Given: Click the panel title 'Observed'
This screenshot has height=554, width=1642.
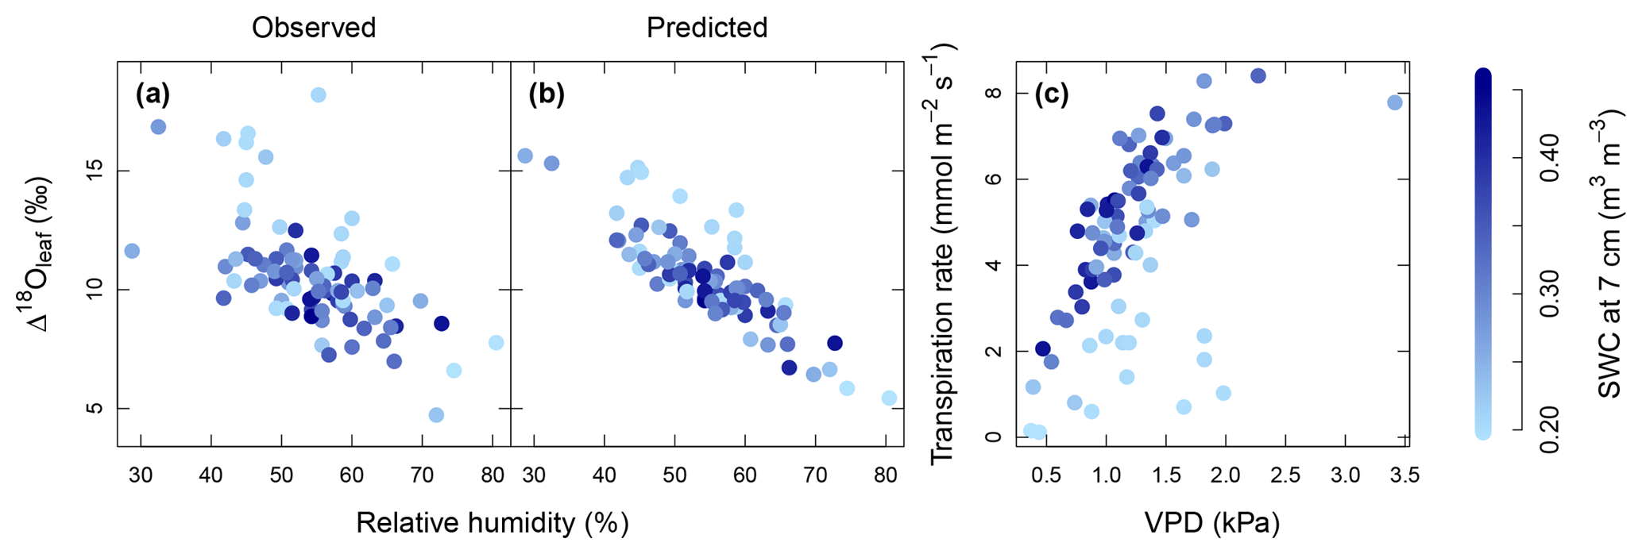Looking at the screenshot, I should click(314, 28).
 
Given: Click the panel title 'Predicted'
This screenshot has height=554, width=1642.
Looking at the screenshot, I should click(706, 28).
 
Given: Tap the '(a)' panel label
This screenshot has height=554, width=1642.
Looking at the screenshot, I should click(153, 95).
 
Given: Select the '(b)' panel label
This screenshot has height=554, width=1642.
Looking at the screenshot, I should click(547, 95).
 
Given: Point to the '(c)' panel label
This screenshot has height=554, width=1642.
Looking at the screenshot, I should click(1051, 95).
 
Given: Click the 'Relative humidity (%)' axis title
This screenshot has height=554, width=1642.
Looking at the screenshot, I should click(493, 523).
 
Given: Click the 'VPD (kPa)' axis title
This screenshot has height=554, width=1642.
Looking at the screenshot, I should click(1211, 523).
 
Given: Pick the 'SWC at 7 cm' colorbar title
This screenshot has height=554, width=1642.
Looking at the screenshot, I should click(1609, 254).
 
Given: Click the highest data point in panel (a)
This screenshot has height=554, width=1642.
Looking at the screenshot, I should click(318, 95).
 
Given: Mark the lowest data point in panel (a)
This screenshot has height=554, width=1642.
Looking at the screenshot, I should click(436, 415).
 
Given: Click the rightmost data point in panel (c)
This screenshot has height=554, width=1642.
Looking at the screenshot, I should click(1394, 102).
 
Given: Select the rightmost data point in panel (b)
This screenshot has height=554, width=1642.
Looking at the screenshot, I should click(889, 398).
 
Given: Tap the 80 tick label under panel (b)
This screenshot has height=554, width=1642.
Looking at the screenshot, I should click(885, 476).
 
